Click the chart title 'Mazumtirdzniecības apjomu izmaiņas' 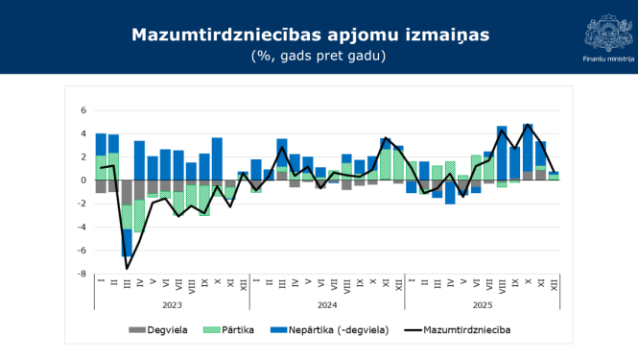tap(309, 36)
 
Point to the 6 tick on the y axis tap(83, 109)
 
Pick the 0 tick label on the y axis tap(83, 180)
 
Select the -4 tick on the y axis tap(82, 227)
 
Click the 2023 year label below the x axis tap(172, 304)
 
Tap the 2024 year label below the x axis tap(327, 304)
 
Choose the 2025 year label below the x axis tap(483, 304)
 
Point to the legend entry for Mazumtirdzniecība tap(466, 330)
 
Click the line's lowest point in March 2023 tap(127, 268)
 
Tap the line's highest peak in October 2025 tap(529, 125)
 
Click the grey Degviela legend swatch tap(138, 330)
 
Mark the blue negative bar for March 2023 tap(127, 243)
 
